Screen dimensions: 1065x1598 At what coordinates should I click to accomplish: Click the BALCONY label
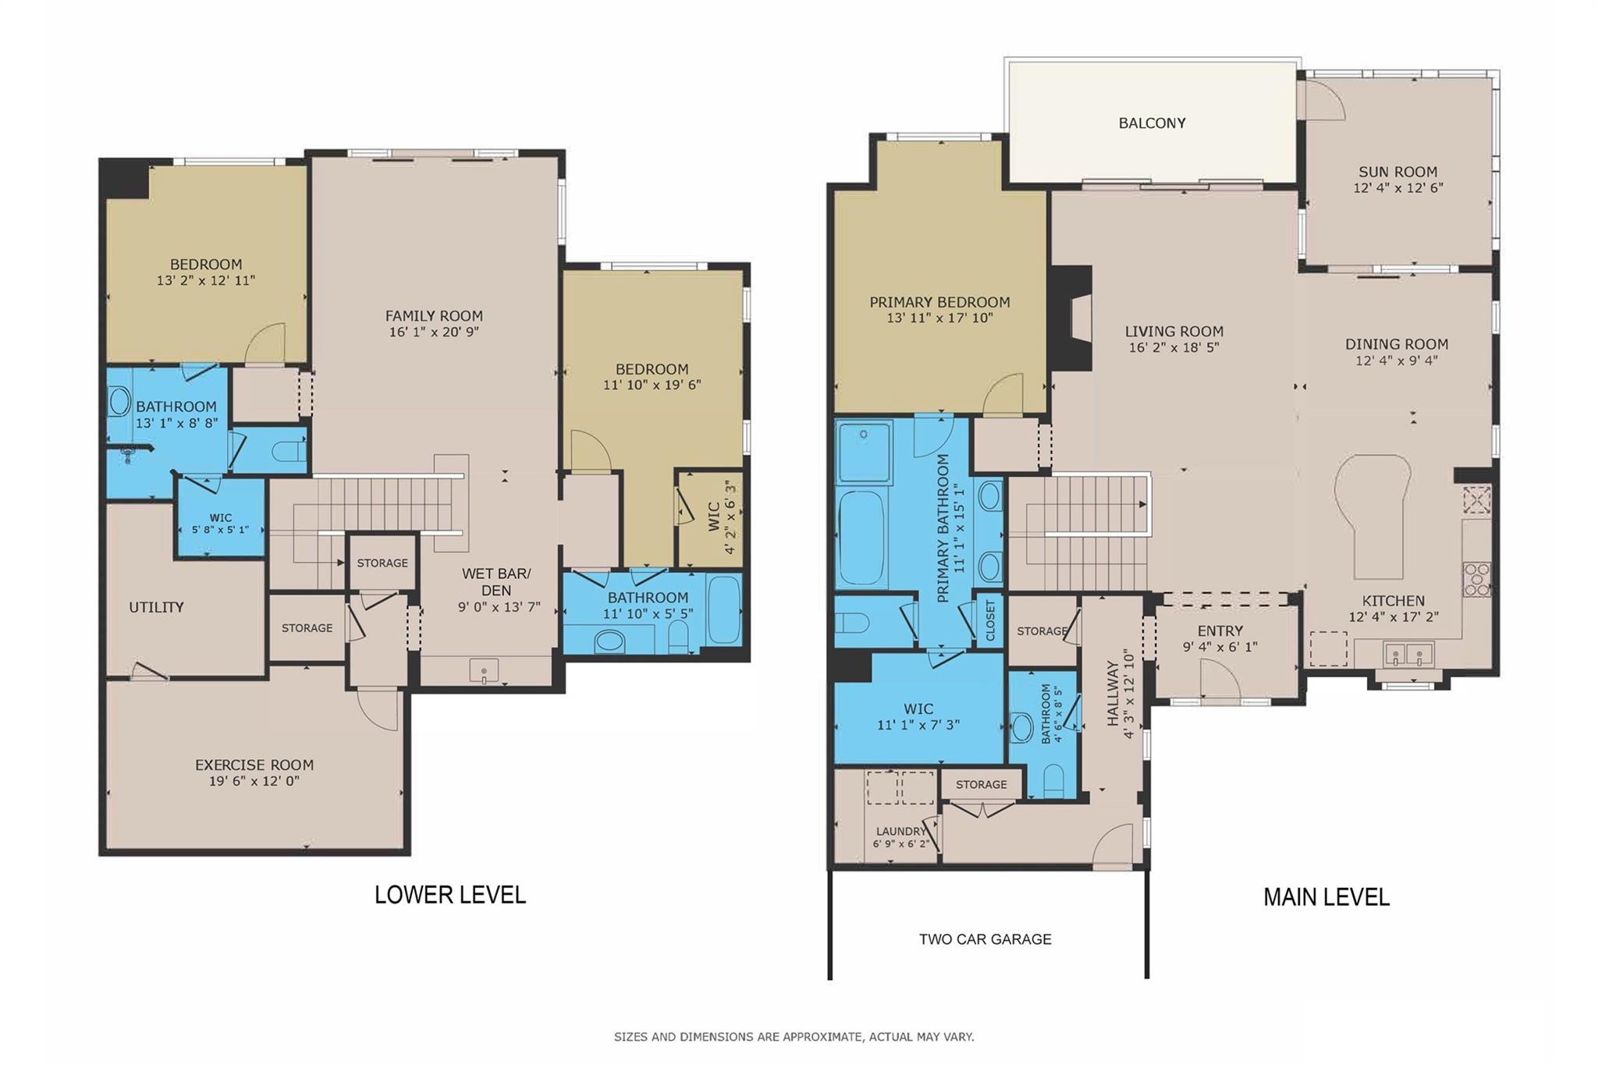(1152, 123)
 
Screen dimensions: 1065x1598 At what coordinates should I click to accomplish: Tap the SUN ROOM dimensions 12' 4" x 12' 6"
(1397, 188)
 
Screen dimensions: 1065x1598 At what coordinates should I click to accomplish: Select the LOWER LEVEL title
(450, 895)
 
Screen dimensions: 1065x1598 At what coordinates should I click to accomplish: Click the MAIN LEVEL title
(1326, 897)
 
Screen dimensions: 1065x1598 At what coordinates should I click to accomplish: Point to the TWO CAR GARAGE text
(985, 939)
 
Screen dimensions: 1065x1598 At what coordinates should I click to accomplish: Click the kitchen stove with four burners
(1475, 580)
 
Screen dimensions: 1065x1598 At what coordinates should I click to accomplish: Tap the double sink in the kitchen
(1408, 654)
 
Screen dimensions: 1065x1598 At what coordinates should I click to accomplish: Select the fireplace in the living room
(1073, 318)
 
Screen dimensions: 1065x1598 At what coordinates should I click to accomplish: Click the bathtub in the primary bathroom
(861, 538)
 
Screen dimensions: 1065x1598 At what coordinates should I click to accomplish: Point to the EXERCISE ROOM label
(254, 765)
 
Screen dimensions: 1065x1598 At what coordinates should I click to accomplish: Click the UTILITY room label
(156, 608)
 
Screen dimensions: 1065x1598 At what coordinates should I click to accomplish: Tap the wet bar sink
(485, 671)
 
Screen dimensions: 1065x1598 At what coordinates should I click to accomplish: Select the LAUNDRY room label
(900, 832)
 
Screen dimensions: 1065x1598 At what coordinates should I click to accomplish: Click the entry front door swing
(1219, 679)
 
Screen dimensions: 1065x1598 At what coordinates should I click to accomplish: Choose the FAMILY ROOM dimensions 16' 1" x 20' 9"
(434, 332)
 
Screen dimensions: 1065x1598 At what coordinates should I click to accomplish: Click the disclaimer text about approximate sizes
(794, 1037)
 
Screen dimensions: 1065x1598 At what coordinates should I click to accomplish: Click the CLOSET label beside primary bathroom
(990, 620)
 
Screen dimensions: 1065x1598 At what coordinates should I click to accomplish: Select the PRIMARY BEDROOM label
(939, 302)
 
